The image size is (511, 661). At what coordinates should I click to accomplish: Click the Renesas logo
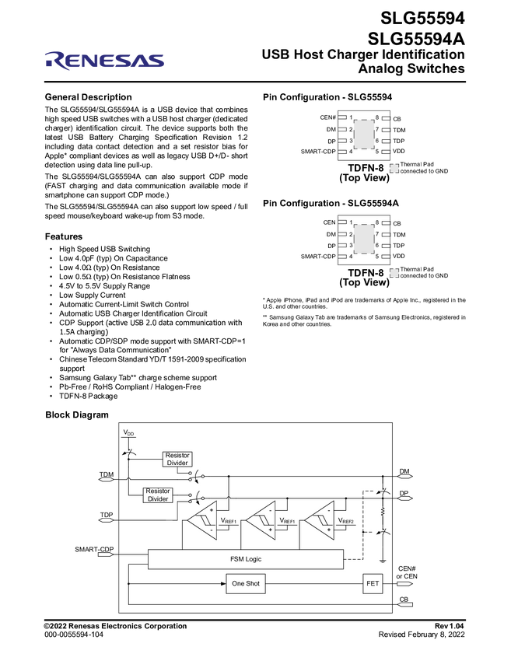(x=104, y=61)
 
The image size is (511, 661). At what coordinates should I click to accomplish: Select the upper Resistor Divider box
(x=177, y=459)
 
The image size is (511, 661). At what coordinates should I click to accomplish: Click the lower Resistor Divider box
(x=158, y=495)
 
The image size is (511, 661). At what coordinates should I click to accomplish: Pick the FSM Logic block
(x=245, y=558)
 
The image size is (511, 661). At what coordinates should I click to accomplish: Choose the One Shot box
(x=246, y=583)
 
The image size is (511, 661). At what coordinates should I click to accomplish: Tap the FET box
(x=373, y=583)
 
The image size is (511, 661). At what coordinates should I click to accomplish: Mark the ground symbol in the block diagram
(x=383, y=560)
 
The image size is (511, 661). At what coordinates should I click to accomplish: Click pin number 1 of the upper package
(x=352, y=118)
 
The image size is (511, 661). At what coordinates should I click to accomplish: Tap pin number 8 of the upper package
(x=377, y=118)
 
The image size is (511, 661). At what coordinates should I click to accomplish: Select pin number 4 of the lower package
(x=352, y=257)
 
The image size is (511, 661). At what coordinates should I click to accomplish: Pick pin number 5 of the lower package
(x=377, y=257)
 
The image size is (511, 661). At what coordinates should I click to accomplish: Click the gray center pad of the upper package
(x=364, y=135)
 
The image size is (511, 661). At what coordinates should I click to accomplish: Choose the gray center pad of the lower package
(x=364, y=240)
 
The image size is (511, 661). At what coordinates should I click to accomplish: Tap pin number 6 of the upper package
(x=377, y=141)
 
